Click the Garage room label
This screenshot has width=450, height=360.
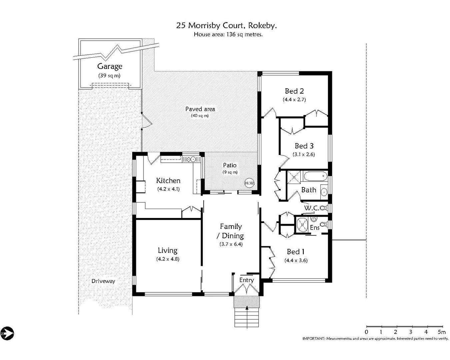[110, 66]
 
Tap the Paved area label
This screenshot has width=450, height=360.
[200, 109]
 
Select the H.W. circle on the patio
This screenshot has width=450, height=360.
[250, 183]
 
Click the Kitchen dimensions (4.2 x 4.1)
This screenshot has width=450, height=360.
[168, 189]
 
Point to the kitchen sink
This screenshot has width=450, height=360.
[190, 159]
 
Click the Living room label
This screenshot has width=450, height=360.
[167, 250]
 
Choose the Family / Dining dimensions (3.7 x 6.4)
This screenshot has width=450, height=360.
[231, 244]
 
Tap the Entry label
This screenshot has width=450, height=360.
[246, 280]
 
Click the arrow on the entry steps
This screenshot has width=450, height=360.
[247, 308]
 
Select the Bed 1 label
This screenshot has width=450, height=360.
[295, 252]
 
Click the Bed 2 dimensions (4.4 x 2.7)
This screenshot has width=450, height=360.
[294, 99]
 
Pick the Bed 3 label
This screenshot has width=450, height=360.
[304, 146]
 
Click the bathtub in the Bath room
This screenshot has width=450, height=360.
[314, 176]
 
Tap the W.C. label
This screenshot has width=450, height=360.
[311, 208]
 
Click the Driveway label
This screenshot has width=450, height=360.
[103, 281]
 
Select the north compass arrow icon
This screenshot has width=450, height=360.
[7, 333]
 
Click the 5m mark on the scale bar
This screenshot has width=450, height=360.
[441, 332]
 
